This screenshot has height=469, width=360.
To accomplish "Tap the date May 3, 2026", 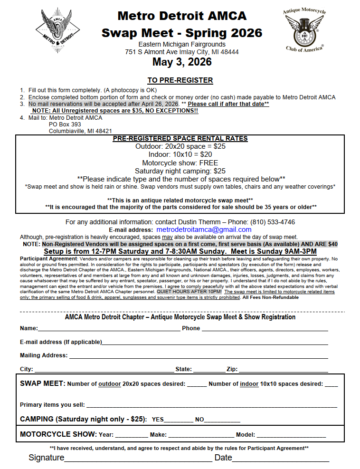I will (182, 62).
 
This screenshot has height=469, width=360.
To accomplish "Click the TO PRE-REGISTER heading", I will (180, 80).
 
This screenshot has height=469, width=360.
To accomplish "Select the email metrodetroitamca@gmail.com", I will (204, 230).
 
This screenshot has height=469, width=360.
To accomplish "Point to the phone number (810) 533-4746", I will (273, 222).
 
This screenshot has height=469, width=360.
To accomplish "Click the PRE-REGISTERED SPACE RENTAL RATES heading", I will (180, 139).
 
